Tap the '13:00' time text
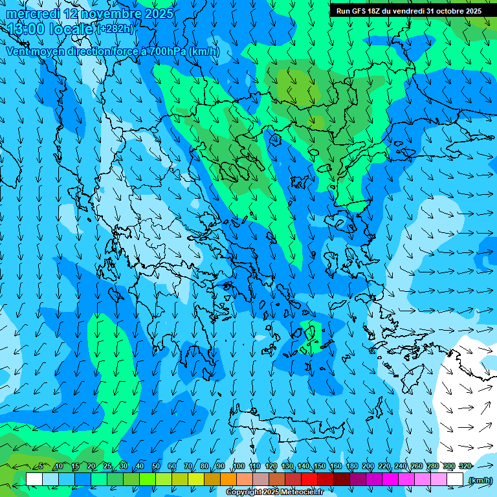pyautogui.click(x=27, y=29)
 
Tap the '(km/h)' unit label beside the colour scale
pyautogui.click(x=480, y=480)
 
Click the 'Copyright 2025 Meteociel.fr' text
pyautogui.click(x=274, y=492)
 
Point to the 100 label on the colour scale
pyautogui.click(x=239, y=467)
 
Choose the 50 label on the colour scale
pyautogui.click(x=156, y=467)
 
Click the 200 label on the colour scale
pyautogui.click(x=368, y=467)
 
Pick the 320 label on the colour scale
pyautogui.click(x=465, y=467)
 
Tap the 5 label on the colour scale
pyautogui.click(x=41, y=467)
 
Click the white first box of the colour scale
pyautogui.click(x=34, y=480)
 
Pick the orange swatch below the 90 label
pyautogui.click(x=228, y=480)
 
